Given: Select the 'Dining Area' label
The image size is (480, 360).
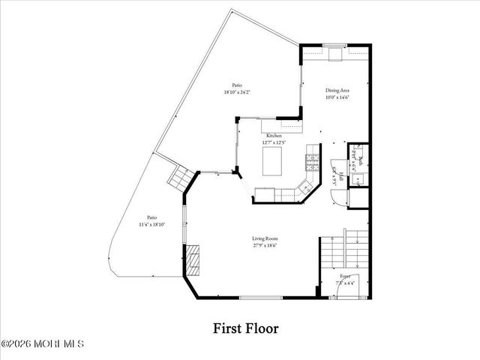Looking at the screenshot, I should [x=337, y=90].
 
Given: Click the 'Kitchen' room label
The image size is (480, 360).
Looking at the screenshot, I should [x=273, y=136].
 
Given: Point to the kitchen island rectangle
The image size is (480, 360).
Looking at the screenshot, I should [x=274, y=159].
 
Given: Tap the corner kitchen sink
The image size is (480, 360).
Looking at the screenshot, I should [x=305, y=187].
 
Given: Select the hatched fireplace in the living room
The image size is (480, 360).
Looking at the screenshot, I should [x=194, y=260].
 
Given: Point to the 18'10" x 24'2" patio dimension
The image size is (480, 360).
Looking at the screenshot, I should [x=236, y=92].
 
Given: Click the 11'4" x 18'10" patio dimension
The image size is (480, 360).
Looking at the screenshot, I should [x=151, y=224].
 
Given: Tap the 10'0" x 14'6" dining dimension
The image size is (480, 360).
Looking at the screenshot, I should [x=337, y=97].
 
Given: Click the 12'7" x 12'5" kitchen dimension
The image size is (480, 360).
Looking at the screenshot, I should [x=273, y=142].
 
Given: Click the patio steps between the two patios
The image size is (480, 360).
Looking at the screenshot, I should [x=179, y=178].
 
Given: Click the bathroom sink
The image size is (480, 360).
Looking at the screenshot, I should [x=358, y=180].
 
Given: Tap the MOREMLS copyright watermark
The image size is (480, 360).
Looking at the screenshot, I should [x=43, y=344].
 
